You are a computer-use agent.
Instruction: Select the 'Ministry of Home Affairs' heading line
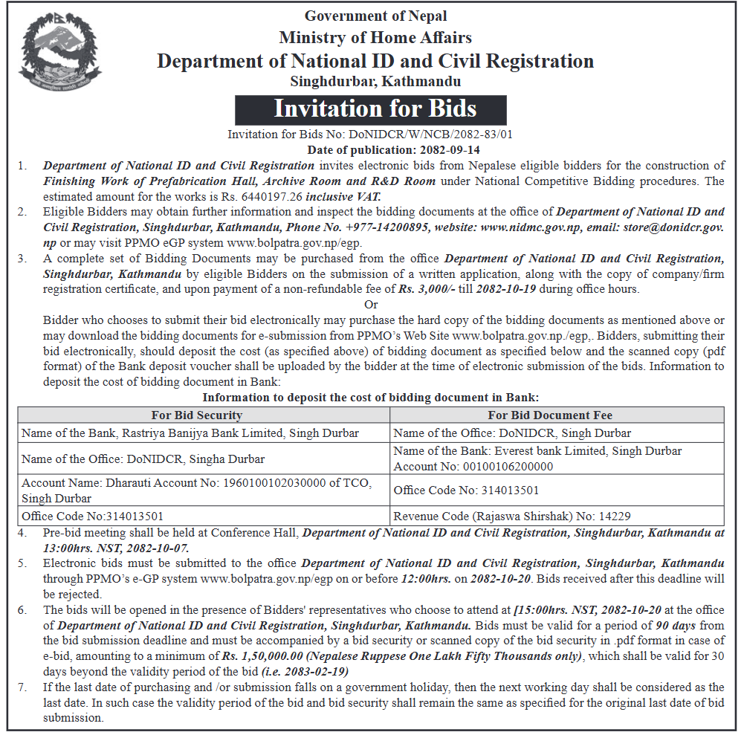pyautogui.click(x=375, y=37)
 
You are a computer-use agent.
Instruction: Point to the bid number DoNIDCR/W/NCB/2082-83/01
pyautogui.click(x=425, y=135)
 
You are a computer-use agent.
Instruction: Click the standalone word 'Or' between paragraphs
pyautogui.click(x=371, y=305)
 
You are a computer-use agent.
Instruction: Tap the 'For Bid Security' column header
pyautogui.click(x=197, y=415)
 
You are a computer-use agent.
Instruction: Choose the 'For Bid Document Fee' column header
pyautogui.click(x=549, y=415)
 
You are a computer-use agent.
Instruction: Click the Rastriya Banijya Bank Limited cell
pyautogui.click(x=190, y=433)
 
